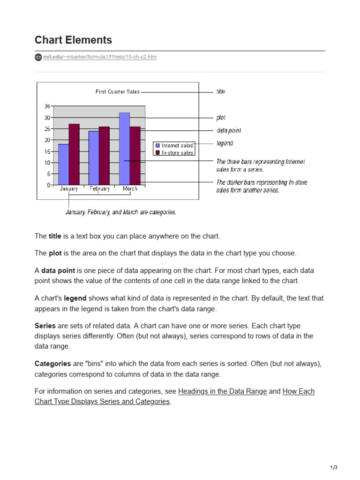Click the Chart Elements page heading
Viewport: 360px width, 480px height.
click(x=73, y=40)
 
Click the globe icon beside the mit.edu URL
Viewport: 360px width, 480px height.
click(x=38, y=57)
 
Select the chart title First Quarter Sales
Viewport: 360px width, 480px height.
click(x=117, y=92)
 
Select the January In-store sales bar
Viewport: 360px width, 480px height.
click(x=74, y=154)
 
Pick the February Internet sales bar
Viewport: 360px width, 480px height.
click(x=94, y=157)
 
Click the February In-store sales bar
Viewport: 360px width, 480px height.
click(x=104, y=155)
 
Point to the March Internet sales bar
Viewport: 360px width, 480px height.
click(x=124, y=149)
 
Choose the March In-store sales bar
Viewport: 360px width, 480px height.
click(x=135, y=155)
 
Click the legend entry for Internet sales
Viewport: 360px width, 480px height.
click(x=174, y=146)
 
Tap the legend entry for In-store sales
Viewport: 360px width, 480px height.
click(x=174, y=153)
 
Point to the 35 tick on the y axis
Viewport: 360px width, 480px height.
click(x=47, y=106)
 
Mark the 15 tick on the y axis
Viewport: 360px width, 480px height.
click(x=47, y=151)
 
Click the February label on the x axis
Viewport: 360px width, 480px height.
click(x=99, y=189)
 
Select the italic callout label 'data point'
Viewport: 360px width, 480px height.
click(x=229, y=131)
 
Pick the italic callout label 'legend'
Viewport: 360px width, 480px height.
click(x=225, y=143)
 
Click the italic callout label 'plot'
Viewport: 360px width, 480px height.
click(x=221, y=118)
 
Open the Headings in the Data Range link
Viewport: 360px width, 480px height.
click(x=223, y=391)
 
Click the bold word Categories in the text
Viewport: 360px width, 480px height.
click(x=52, y=364)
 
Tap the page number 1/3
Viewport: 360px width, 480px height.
click(x=333, y=467)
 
